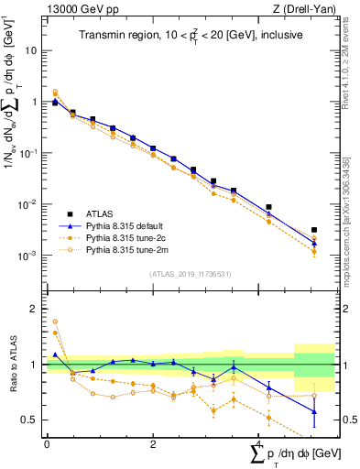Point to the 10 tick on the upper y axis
point(30,50)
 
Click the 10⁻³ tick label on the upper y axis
point(27,256)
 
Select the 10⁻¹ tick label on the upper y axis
point(27,153)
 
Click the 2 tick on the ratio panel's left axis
point(33,309)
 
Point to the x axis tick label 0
point(47,444)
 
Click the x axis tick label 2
point(152,444)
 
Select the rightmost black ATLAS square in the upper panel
point(314,230)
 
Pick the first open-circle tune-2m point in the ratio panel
point(55,322)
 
